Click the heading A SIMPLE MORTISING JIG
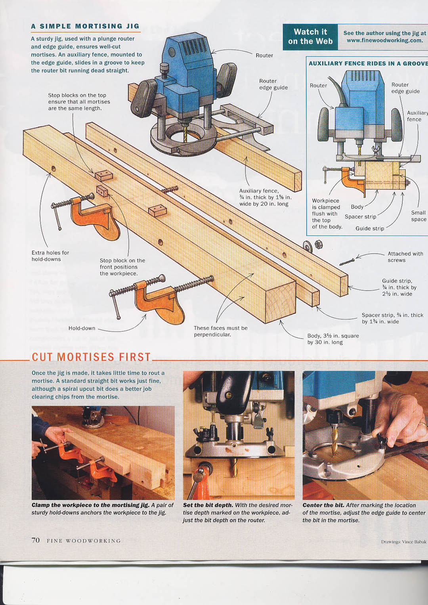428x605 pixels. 85,27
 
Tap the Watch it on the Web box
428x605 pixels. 310,37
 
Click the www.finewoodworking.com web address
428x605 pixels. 384,41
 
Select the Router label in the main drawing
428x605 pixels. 264,56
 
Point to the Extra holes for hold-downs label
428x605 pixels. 50,256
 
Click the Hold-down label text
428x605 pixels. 82,328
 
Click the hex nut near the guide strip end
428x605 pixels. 317,245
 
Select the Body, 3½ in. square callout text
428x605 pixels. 333,339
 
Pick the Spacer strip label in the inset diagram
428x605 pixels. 360,216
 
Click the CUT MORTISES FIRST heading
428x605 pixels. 91,357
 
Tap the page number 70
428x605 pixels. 36,540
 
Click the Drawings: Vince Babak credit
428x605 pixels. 404,542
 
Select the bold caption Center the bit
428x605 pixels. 323,505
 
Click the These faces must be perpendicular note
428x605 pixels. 221,331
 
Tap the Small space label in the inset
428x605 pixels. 418,216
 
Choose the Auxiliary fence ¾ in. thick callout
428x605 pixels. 266,197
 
